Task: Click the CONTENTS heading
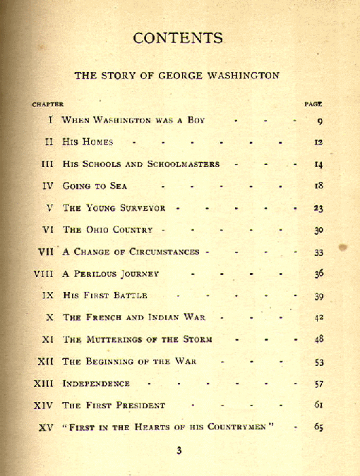(x=178, y=38)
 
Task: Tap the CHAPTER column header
(x=47, y=104)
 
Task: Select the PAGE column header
(x=313, y=104)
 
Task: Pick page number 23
(x=318, y=209)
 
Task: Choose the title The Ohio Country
(x=109, y=230)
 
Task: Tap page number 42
(x=318, y=318)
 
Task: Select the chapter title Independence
(x=96, y=384)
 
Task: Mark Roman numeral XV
(x=45, y=427)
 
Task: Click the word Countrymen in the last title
(x=240, y=427)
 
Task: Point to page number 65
(x=318, y=427)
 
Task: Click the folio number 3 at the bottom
(x=179, y=451)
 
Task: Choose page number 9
(x=320, y=121)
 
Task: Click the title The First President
(x=114, y=405)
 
